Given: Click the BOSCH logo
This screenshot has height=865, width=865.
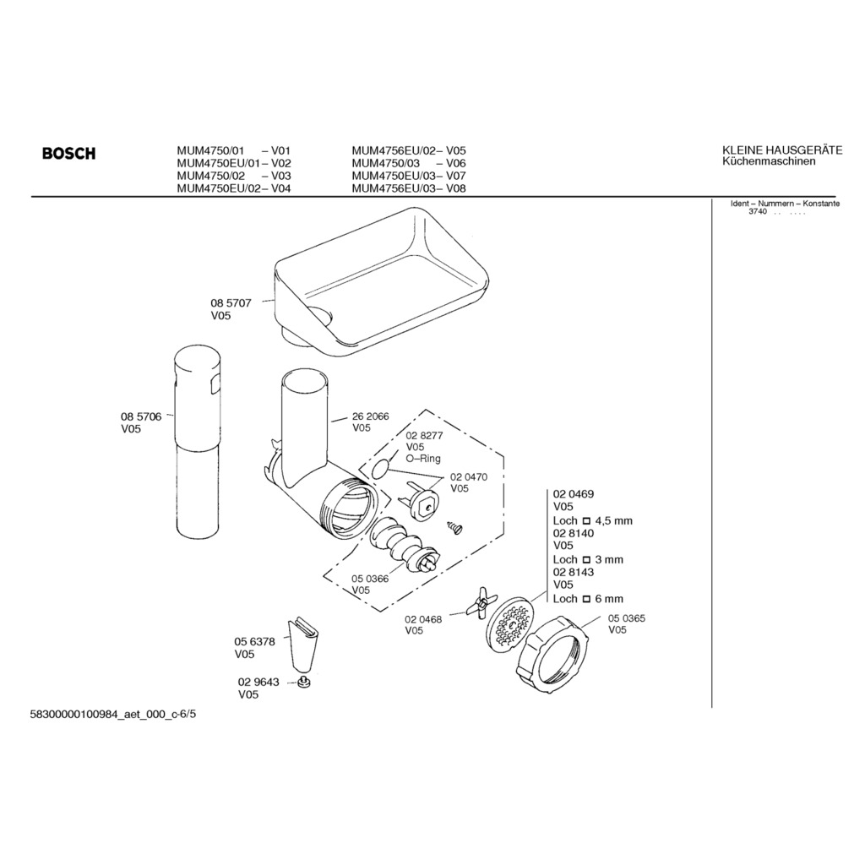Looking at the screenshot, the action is pyautogui.click(x=69, y=153).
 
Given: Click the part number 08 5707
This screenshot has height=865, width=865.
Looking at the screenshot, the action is pyautogui.click(x=231, y=303).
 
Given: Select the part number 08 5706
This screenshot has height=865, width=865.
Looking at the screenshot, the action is pyautogui.click(x=141, y=416).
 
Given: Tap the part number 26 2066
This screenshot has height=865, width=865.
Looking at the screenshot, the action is pyautogui.click(x=371, y=416).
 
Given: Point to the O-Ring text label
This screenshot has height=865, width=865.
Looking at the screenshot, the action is pyautogui.click(x=423, y=459).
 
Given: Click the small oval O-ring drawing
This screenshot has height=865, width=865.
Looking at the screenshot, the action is pyautogui.click(x=380, y=470).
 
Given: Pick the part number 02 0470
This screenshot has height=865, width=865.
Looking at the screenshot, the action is pyautogui.click(x=469, y=477).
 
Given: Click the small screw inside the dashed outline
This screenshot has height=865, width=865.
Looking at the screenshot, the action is pyautogui.click(x=455, y=528).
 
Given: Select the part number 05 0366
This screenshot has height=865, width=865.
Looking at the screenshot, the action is pyautogui.click(x=370, y=579).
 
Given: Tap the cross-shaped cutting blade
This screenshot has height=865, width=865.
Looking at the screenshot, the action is pyautogui.click(x=481, y=602).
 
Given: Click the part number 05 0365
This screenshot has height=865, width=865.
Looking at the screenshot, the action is pyautogui.click(x=627, y=618).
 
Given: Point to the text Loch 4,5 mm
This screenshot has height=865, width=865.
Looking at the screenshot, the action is pyautogui.click(x=593, y=520).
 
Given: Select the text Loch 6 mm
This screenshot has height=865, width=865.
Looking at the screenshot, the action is pyautogui.click(x=588, y=599).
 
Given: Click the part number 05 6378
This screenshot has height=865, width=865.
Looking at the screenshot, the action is pyautogui.click(x=254, y=642).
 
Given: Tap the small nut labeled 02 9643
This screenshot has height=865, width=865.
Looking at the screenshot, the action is pyautogui.click(x=302, y=683).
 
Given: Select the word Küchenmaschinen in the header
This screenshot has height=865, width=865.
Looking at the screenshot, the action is pyautogui.click(x=769, y=161).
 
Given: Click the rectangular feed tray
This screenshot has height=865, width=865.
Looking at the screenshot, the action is pyautogui.click(x=381, y=282).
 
